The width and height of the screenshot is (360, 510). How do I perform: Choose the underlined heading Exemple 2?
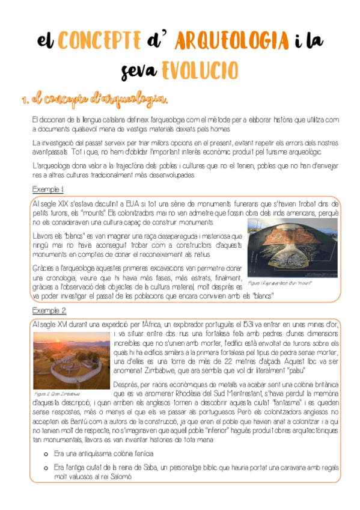(x=49, y=310)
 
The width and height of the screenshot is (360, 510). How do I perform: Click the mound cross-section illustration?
(x=292, y=247)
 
